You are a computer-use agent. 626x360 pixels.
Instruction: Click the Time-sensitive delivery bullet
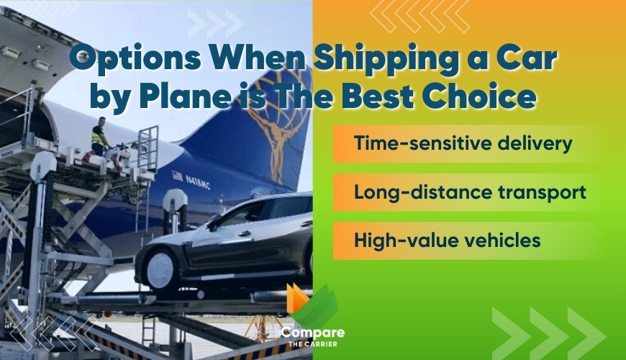coord(463,144)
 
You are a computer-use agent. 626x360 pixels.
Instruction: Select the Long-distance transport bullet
coord(470,192)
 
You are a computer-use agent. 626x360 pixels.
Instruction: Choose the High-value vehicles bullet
coord(447,240)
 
